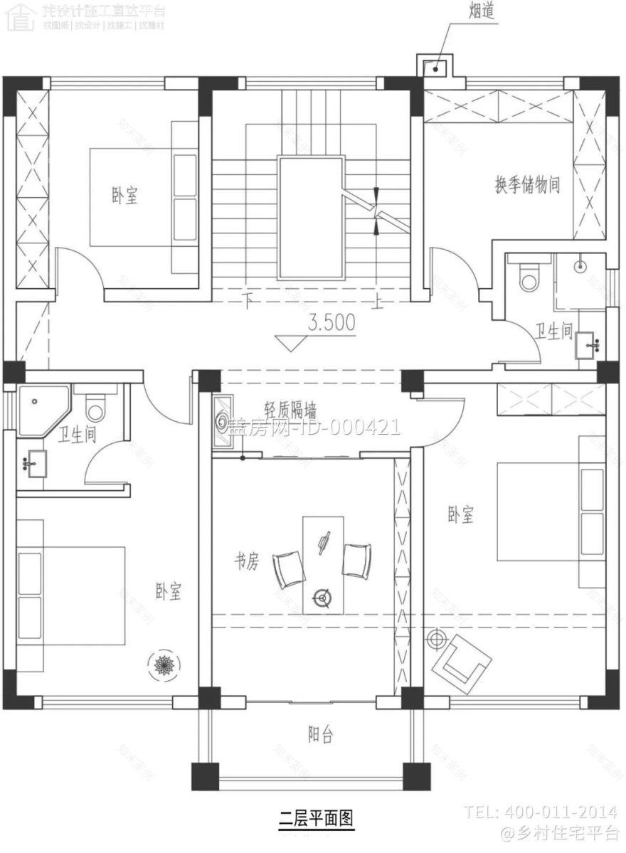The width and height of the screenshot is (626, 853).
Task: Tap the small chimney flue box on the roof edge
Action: click(433, 67)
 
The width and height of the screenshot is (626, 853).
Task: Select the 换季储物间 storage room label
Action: click(527, 186)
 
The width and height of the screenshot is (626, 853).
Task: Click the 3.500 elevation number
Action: click(331, 323)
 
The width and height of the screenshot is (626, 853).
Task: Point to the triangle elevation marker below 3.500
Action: click(290, 344)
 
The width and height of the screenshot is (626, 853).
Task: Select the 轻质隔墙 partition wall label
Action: click(290, 410)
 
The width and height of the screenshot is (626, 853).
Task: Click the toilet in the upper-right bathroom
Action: click(529, 277)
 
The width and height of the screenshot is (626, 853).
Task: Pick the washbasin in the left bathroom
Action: click(33, 463)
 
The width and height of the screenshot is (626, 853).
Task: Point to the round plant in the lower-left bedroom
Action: click(164, 664)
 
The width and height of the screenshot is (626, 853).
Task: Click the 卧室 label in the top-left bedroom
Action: click(124, 196)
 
